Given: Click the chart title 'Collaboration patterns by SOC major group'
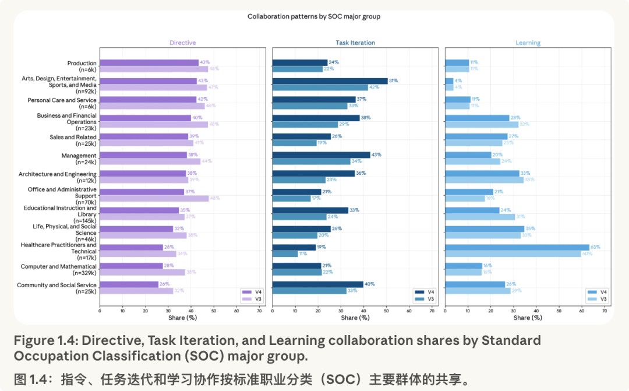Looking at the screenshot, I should tap(314, 16).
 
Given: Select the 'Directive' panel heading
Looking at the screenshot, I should tap(182, 43).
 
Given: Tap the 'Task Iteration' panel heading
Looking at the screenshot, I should tap(355, 43).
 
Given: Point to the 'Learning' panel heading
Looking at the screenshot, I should tap(528, 43).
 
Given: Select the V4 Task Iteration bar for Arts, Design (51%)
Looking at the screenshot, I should tap(330, 81).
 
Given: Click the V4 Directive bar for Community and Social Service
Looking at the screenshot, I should tap(129, 284).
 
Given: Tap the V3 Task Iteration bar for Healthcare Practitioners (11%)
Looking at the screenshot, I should tap(285, 253).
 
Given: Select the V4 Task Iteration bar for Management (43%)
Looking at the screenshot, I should tap(321, 154).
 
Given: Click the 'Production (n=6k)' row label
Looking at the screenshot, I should tap(82, 66).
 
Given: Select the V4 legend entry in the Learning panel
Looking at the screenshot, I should tap(597, 292).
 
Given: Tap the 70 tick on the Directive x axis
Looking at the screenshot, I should tap(259, 311).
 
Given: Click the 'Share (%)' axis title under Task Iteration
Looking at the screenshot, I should tap(355, 318).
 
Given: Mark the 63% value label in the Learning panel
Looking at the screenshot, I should tap(595, 247).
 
